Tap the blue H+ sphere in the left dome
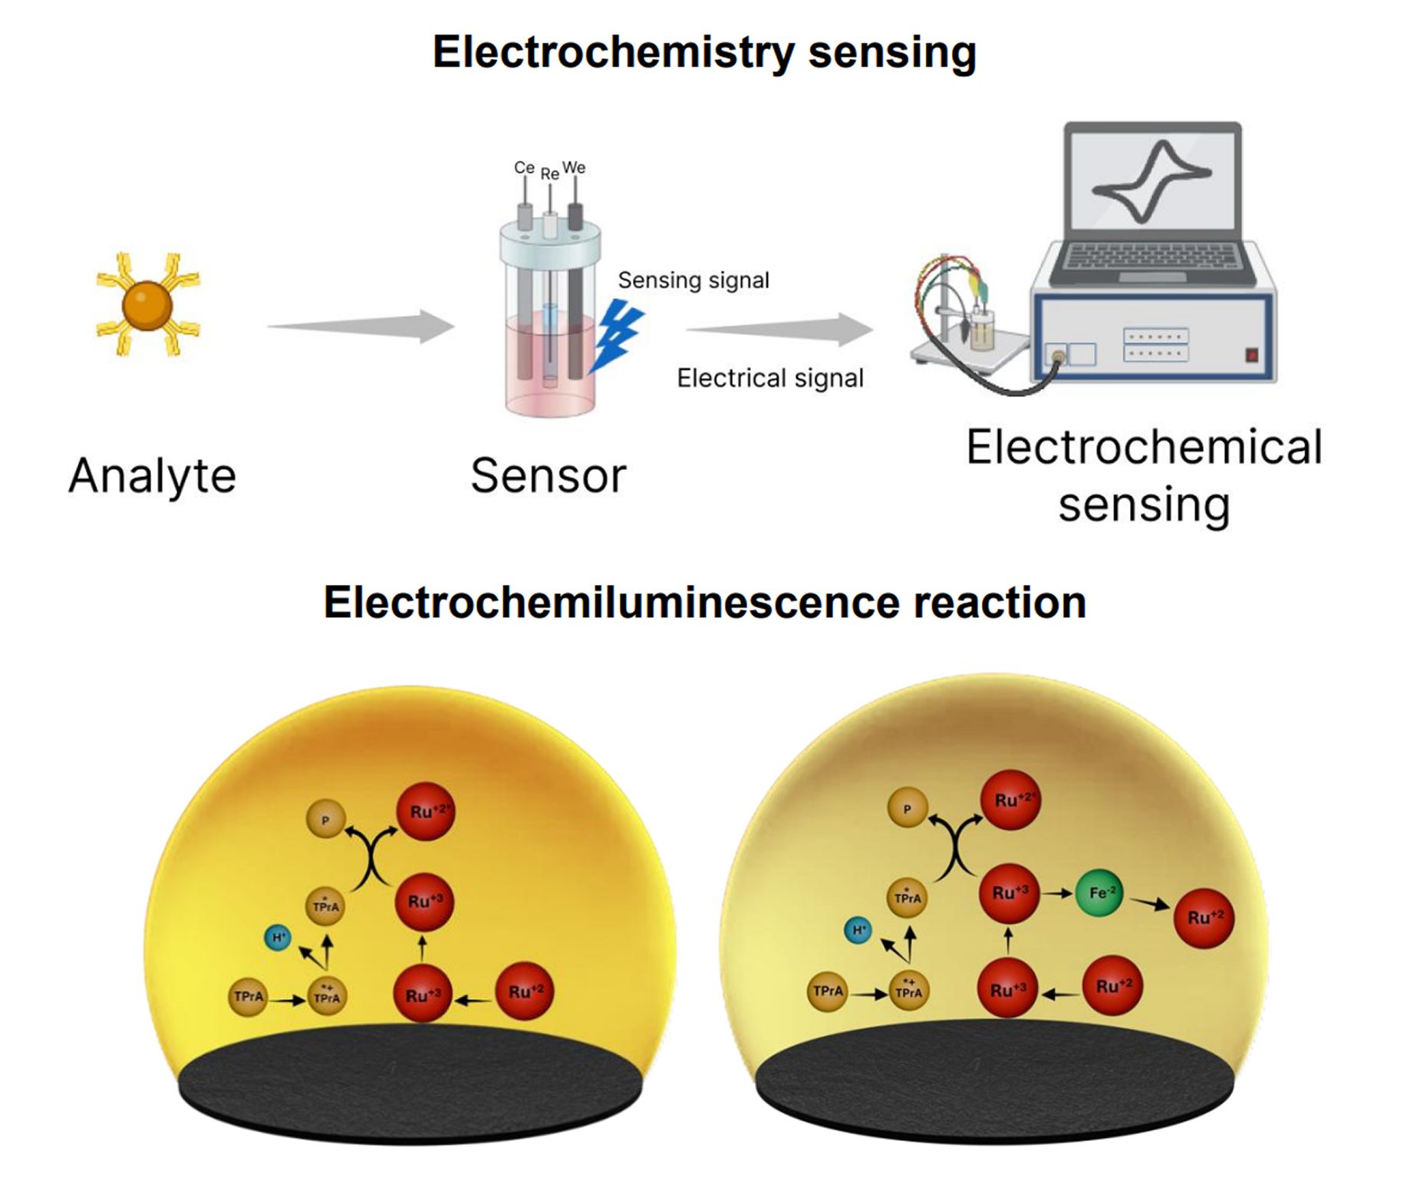pos(278,937)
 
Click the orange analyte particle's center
pos(147,305)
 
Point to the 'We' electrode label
pos(574,167)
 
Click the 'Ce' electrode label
pos(524,167)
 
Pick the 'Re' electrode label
pos(549,174)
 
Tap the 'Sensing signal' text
pos(693,281)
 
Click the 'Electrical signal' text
pos(769,378)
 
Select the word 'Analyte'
pos(152,476)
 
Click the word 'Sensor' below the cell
pos(548,476)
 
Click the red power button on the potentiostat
pos(1251,355)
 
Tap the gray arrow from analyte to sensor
pos(361,327)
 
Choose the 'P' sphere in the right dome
pos(908,808)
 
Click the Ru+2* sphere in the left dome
pos(426,811)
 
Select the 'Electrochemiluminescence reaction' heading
pos(704,603)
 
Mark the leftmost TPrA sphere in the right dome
pos(828,991)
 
